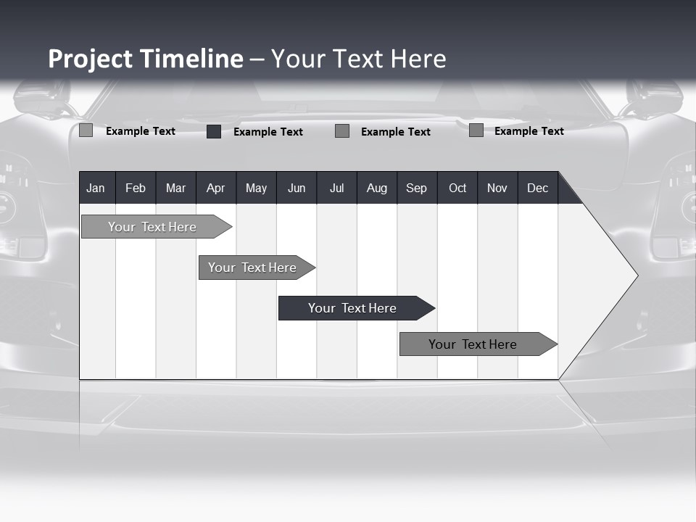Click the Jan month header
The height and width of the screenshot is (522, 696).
pyautogui.click(x=96, y=188)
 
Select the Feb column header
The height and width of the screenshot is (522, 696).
pyautogui.click(x=136, y=188)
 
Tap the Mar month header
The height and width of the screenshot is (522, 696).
pyautogui.click(x=175, y=188)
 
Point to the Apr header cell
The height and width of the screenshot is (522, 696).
pyautogui.click(x=215, y=188)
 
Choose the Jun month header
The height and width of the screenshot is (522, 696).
pyautogui.click(x=297, y=188)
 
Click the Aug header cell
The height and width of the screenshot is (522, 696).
pyautogui.click(x=377, y=188)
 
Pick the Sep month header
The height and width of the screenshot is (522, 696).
pyautogui.click(x=416, y=188)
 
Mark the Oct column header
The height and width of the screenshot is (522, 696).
pyautogui.click(x=457, y=188)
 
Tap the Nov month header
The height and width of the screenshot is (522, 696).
pyautogui.click(x=497, y=188)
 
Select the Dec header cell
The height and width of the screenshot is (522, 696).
pyautogui.click(x=537, y=188)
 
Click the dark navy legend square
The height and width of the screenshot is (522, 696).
pyautogui.click(x=214, y=131)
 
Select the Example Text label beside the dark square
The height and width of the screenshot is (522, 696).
pyautogui.click(x=268, y=132)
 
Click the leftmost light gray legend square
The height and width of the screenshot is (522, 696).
pyautogui.click(x=86, y=130)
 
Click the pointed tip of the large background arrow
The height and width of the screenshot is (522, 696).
pyautogui.click(x=636, y=275)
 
